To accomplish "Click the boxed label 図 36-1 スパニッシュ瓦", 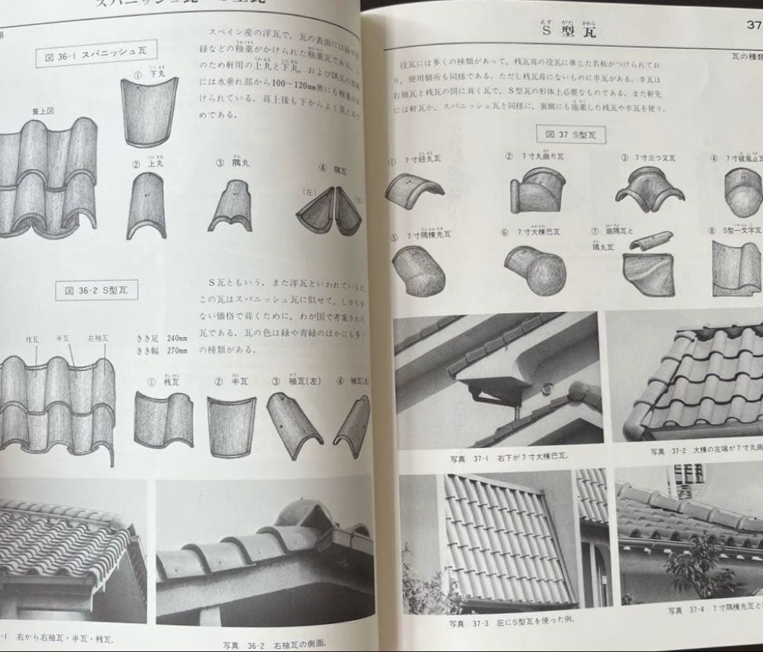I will tap(96, 54).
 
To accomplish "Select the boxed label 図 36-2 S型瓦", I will tap(97, 289).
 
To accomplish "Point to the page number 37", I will tap(753, 25).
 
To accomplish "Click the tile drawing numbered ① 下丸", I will tap(149, 111).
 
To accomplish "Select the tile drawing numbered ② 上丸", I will tap(146, 206).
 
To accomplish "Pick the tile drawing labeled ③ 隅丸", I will tap(231, 205).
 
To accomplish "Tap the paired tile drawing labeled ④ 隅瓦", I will tap(329, 211).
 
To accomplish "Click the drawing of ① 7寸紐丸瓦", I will tap(415, 191).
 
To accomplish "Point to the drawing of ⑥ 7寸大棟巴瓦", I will tap(535, 270).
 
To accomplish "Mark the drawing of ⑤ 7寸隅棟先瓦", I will tap(418, 272).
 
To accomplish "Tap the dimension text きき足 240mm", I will tap(162, 338).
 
